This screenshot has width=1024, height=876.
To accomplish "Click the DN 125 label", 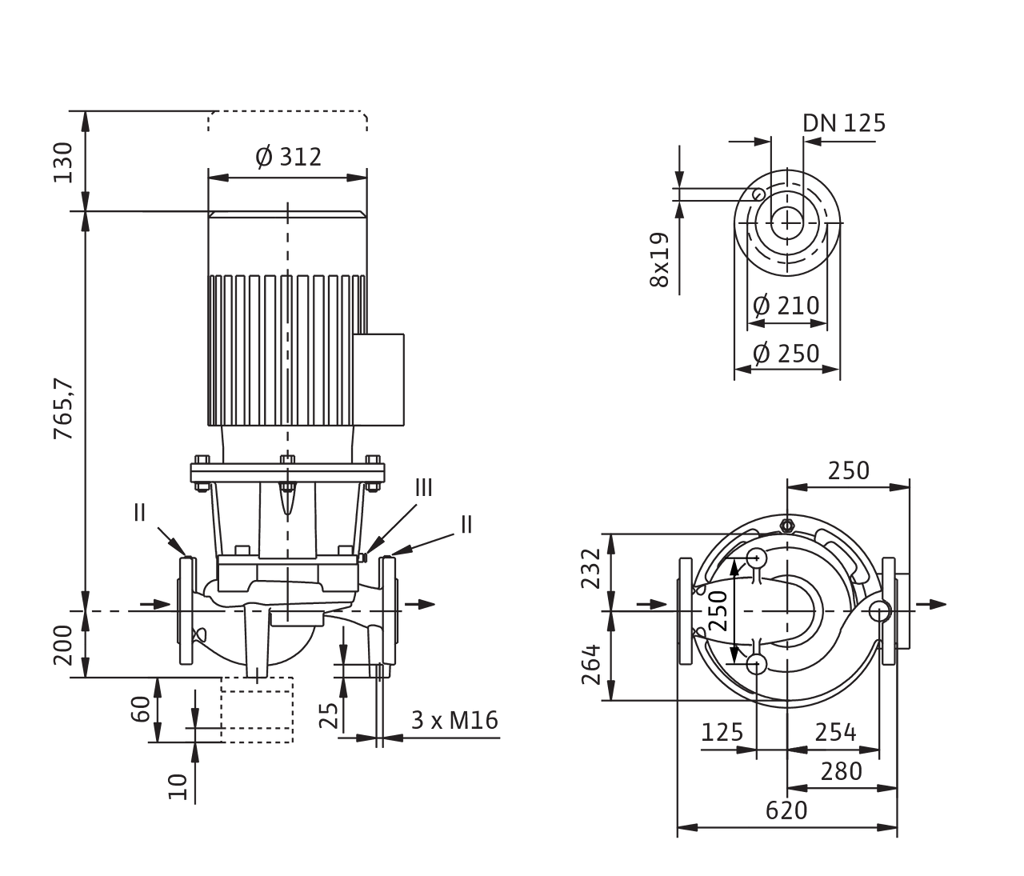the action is pyautogui.click(x=844, y=123).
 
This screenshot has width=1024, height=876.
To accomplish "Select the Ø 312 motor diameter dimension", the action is pyautogui.click(x=288, y=157).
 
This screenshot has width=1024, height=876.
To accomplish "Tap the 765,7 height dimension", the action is pyautogui.click(x=63, y=410).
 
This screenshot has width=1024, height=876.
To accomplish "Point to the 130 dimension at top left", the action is pyautogui.click(x=63, y=162).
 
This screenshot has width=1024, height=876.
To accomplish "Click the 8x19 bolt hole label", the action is pyautogui.click(x=659, y=260).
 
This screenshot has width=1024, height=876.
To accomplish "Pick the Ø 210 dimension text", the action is pyautogui.click(x=786, y=306).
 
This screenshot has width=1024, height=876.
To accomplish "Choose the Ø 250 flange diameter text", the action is pyautogui.click(x=786, y=354).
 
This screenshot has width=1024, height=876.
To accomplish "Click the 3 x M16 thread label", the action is pyautogui.click(x=454, y=721).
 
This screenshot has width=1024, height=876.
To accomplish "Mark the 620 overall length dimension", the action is pyautogui.click(x=786, y=810).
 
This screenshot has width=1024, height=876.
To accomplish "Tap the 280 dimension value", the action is pyautogui.click(x=842, y=771).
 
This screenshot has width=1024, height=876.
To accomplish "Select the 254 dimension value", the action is pyautogui.click(x=836, y=732).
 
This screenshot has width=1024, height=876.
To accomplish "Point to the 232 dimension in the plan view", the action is pyautogui.click(x=590, y=568).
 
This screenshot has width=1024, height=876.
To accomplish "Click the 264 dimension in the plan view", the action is pyautogui.click(x=590, y=665).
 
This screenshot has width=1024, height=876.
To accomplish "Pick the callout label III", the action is pyautogui.click(x=423, y=487).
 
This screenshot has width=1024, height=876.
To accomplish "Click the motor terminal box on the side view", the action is pyautogui.click(x=378, y=379).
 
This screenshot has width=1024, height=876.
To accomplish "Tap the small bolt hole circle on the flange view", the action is pyautogui.click(x=758, y=194).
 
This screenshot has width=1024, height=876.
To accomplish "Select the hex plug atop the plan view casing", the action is pyautogui.click(x=786, y=526).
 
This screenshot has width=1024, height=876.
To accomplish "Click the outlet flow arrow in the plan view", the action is pyautogui.click(x=931, y=605).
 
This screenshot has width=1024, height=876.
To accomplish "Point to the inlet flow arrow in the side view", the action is pyautogui.click(x=155, y=605).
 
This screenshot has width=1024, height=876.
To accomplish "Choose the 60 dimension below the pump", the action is pyautogui.click(x=141, y=709).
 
